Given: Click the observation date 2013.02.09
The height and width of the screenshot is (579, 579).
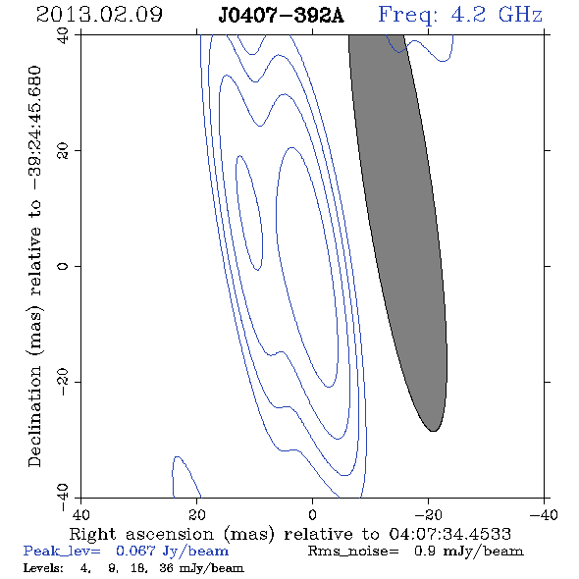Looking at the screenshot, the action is click(99, 15).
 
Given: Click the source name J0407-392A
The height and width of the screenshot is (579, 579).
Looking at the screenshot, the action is click(281, 16).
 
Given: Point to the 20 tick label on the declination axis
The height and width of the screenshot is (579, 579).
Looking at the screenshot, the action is click(64, 151).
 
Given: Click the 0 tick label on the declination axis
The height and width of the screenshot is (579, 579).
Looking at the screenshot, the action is click(64, 266).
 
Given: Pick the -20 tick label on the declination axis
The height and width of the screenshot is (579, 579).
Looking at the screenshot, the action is click(64, 382).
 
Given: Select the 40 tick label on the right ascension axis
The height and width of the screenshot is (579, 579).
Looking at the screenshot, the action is click(80, 515).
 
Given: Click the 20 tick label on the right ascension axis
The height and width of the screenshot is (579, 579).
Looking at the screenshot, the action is click(197, 515).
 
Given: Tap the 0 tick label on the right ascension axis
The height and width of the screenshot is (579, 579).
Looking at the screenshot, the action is click(312, 515).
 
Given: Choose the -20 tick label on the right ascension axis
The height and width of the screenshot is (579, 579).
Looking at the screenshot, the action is click(428, 515).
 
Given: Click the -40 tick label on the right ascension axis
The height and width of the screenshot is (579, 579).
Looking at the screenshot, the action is click(544, 515).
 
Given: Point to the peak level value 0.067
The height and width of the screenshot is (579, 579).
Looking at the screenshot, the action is click(135, 551).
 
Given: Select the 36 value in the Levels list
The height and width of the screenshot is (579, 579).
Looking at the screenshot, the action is click(166, 567).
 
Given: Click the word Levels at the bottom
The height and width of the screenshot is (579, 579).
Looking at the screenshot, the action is click(42, 567).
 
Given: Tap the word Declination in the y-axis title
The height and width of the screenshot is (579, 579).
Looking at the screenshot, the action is click(34, 416).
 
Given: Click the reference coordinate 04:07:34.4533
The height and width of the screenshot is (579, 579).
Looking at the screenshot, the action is click(449, 534).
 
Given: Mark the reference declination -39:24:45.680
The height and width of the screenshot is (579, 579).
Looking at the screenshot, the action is click(34, 129).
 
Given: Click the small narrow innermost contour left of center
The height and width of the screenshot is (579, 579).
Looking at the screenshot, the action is click(249, 212).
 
